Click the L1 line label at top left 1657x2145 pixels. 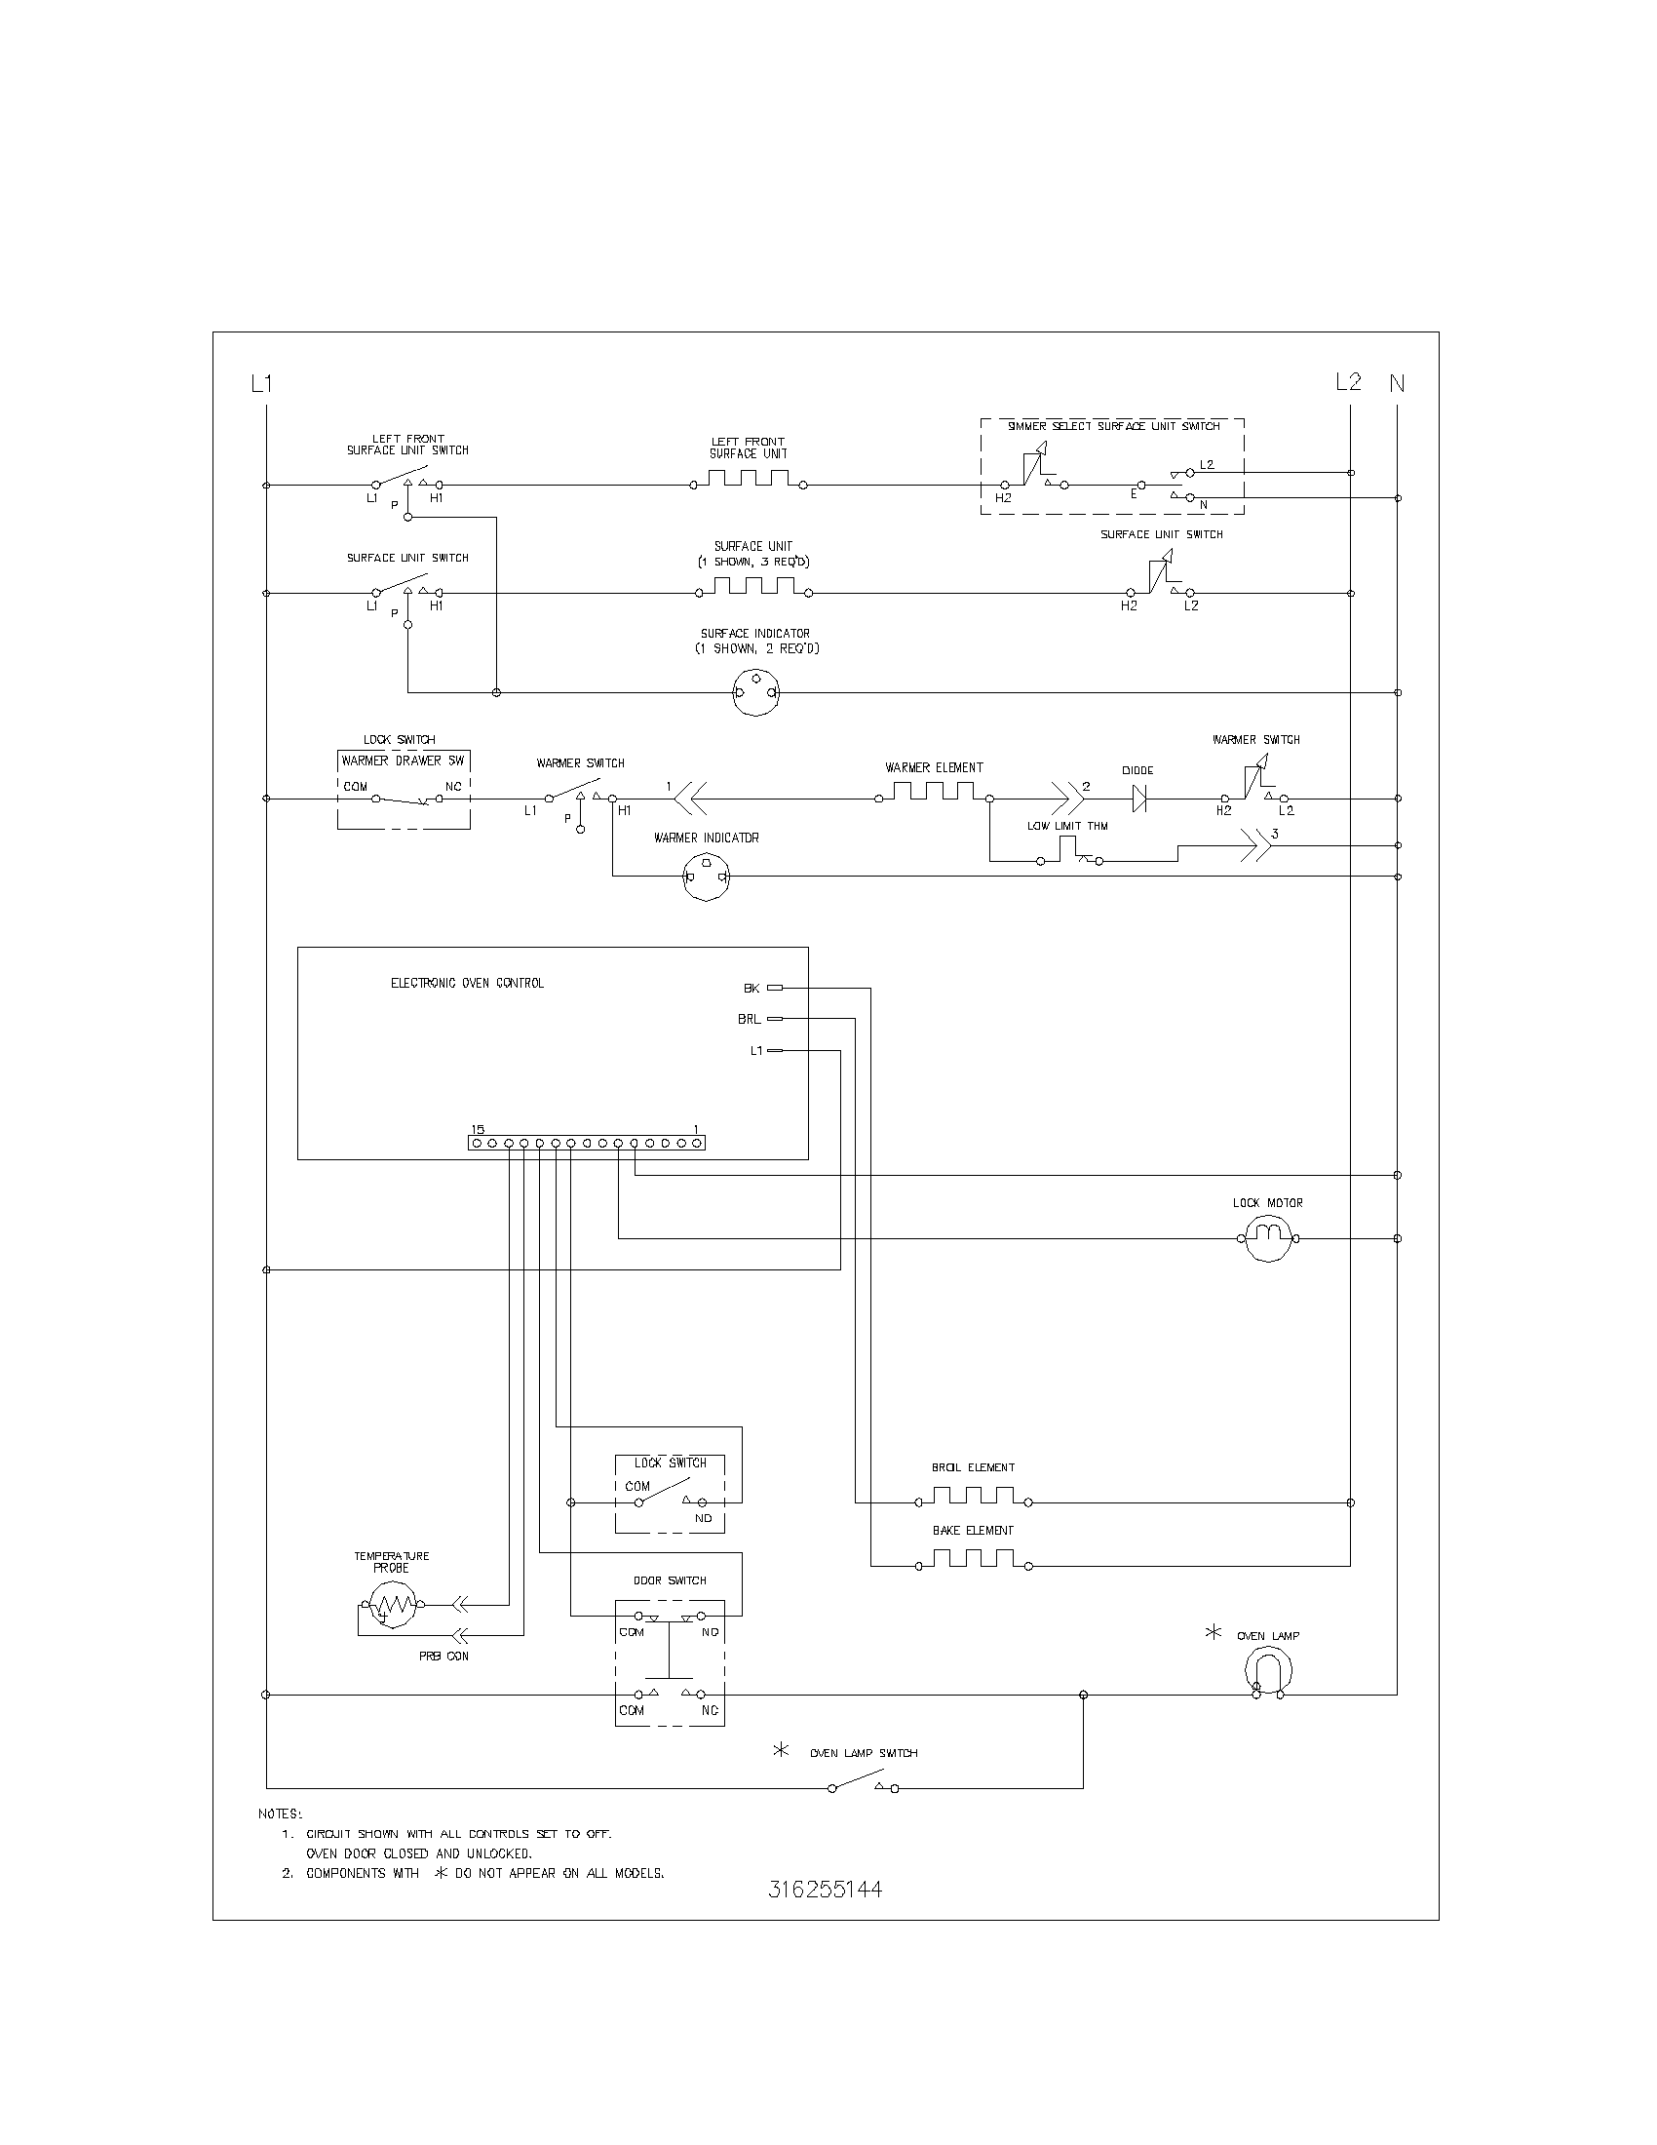261,384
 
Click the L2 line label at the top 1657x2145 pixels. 1348,382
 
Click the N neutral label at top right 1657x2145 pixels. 1397,384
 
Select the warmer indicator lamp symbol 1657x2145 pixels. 707,877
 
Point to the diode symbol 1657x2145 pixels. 1138,799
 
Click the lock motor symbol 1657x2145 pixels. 1267,1238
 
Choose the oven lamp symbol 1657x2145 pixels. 1268,1668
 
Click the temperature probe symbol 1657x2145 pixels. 392,1606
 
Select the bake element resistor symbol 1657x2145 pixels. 972,1561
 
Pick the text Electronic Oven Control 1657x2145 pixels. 467,983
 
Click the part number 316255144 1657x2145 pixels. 825,1890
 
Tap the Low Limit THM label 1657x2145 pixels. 1067,826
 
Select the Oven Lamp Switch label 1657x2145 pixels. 863,1753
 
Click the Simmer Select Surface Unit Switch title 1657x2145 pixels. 1113,426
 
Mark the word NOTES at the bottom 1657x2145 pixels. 281,1814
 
